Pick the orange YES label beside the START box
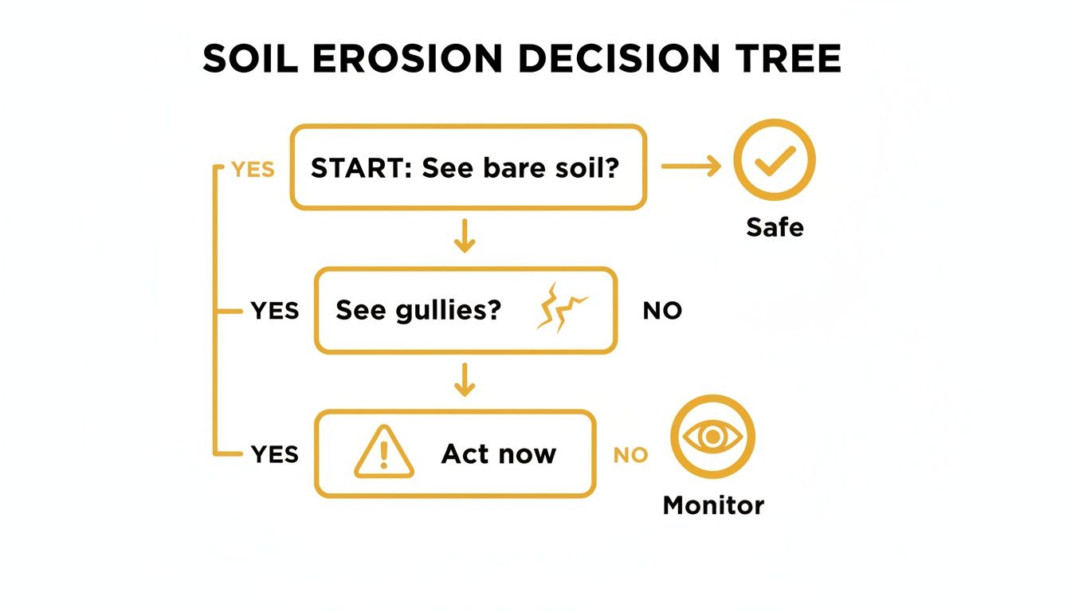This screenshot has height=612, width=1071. coord(253,169)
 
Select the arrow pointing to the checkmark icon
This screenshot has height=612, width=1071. coord(690,166)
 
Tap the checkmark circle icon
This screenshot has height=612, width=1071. coord(774,162)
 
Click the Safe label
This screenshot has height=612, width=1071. coord(775,227)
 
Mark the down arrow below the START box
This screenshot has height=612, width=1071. coord(464,237)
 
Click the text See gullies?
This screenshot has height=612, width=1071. coord(418,310)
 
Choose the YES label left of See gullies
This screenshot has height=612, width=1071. coord(275,311)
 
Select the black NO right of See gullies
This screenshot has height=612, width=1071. coord(662,311)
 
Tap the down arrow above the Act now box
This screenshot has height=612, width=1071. coord(464,381)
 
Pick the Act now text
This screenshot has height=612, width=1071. coord(499,454)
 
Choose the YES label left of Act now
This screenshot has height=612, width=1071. coord(275,454)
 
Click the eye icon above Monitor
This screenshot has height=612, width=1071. coord(712,437)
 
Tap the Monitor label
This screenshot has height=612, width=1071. coord(713,505)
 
